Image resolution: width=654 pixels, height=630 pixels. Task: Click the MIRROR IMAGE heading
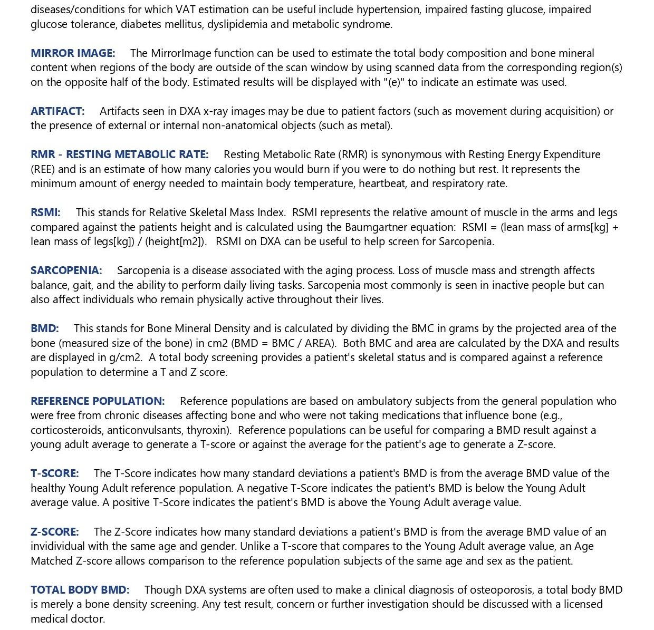click(x=73, y=53)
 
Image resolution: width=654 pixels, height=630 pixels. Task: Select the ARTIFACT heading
click(x=57, y=111)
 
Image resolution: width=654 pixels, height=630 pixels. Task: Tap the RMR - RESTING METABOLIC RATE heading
click(x=119, y=154)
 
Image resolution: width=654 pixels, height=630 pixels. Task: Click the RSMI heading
click(x=45, y=212)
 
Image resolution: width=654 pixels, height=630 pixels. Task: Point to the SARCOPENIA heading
click(x=66, y=270)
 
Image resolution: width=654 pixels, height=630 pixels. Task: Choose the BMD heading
click(x=44, y=328)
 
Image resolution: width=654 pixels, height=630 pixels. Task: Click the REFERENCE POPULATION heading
click(x=98, y=401)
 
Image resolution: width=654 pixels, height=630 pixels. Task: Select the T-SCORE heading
click(x=54, y=473)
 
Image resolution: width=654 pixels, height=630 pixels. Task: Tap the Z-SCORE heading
click(x=54, y=531)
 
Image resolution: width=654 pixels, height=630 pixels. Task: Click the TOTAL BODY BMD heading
click(x=80, y=589)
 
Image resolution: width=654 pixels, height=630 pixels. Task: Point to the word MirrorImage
click(x=181, y=53)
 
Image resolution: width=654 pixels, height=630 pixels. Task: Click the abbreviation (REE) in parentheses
click(x=43, y=169)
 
